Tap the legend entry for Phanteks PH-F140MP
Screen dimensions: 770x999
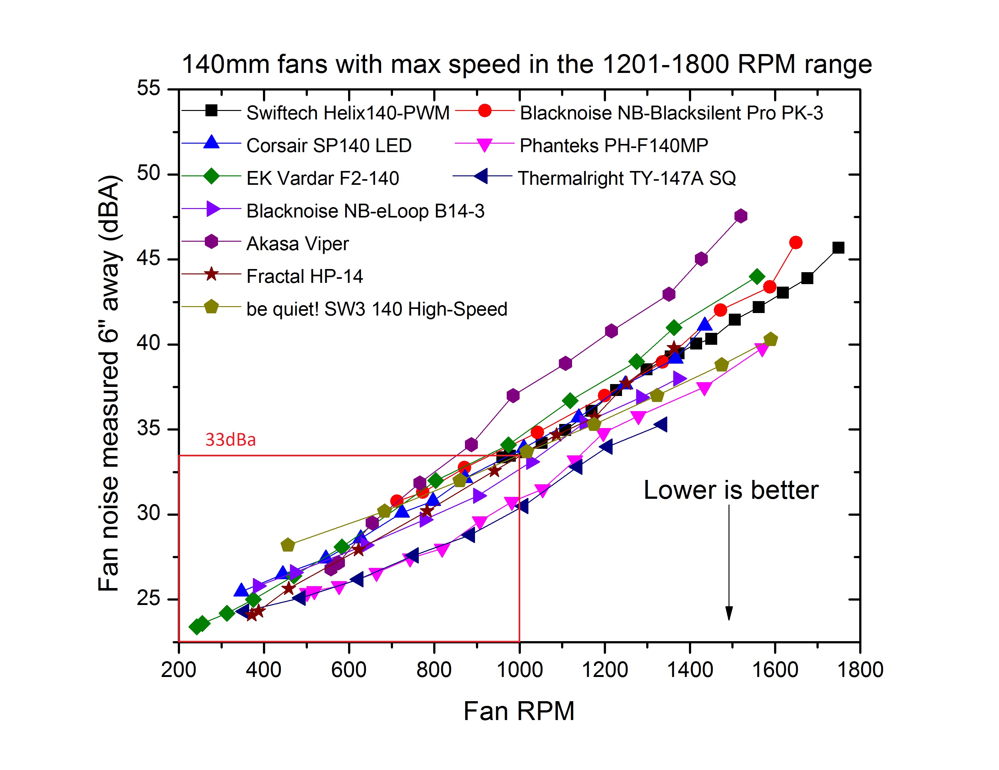pos(614,146)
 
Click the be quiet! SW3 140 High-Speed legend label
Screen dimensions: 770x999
pos(376,309)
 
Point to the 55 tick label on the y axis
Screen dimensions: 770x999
pos(149,88)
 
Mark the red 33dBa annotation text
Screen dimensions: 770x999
pos(231,440)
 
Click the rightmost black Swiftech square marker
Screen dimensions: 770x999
pos(838,248)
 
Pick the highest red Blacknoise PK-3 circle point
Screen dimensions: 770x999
pos(795,243)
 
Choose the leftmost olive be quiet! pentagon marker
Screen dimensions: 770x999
pos(288,545)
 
